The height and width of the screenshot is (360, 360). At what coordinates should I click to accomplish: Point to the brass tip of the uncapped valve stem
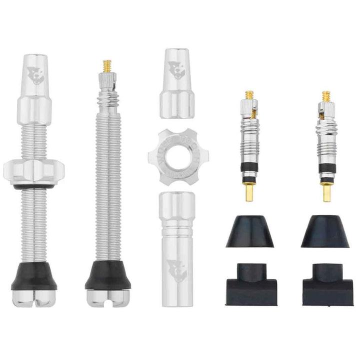(107, 65)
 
